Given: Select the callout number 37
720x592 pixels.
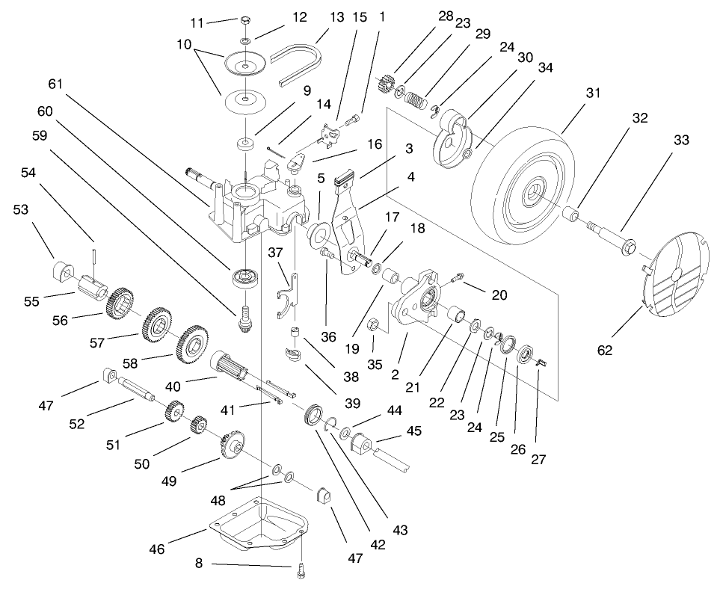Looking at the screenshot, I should (x=276, y=252).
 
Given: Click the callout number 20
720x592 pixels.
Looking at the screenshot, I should (x=499, y=295).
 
